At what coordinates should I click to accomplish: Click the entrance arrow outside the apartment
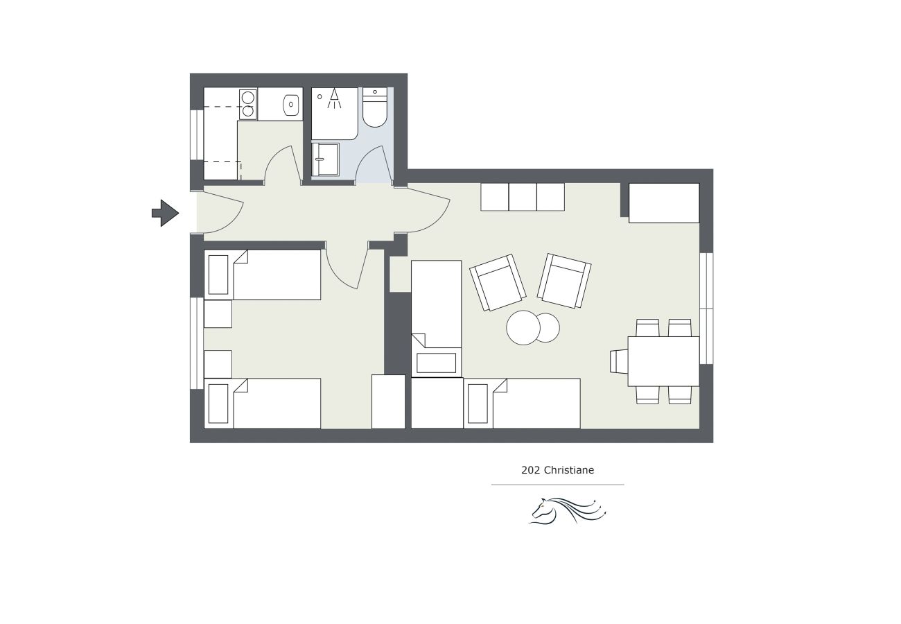166,213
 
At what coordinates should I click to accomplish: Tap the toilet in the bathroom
375,107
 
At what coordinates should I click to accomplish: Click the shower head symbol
334,98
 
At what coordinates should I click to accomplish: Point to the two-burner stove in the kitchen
248,104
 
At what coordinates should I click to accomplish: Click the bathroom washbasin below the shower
326,159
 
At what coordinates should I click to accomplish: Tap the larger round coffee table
523,327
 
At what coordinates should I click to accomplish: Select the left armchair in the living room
498,282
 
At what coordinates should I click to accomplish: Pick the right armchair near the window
564,281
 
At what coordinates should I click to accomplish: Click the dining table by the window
664,361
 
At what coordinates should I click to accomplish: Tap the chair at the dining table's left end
619,361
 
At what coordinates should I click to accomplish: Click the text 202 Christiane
557,470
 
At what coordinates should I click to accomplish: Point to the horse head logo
567,511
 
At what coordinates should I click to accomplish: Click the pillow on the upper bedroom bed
218,275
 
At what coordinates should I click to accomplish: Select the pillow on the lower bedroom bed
218,404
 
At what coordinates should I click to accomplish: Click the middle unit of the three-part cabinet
523,197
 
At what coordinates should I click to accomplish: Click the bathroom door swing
374,164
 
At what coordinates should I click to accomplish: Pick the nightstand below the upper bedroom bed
218,314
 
